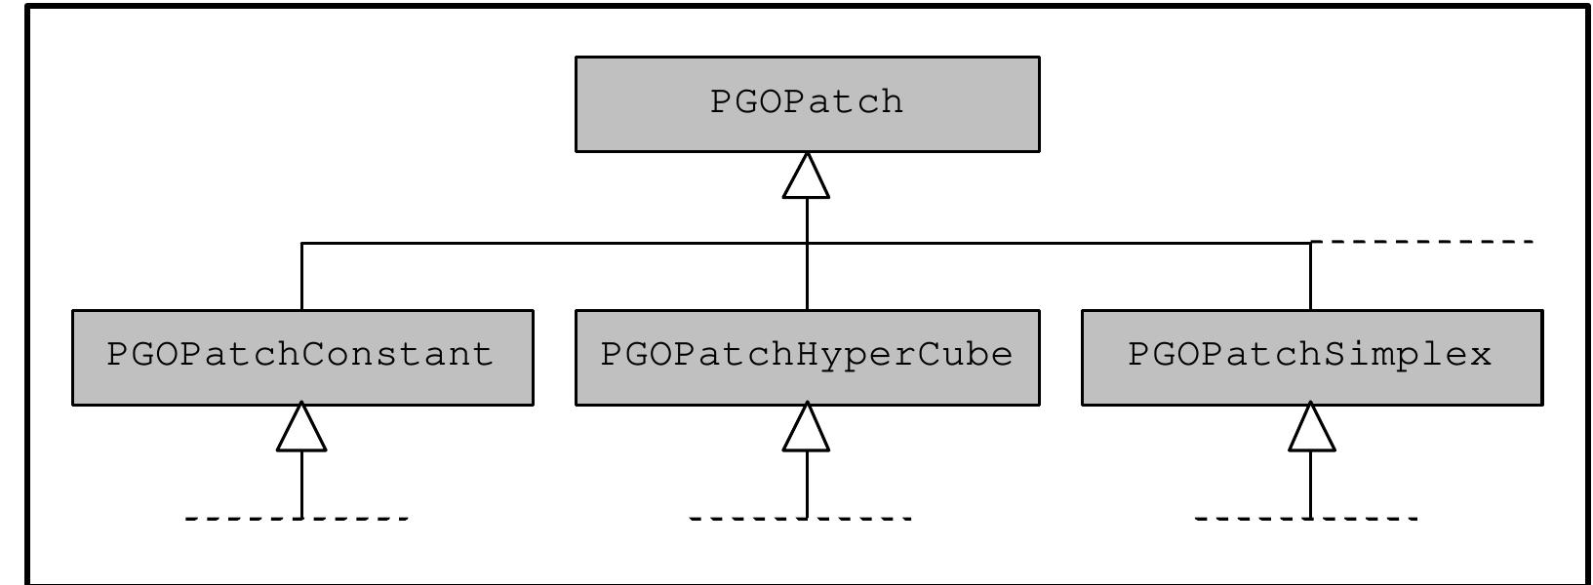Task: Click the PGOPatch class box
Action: click(x=807, y=103)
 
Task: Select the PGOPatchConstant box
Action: click(x=302, y=356)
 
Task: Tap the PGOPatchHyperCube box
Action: click(x=807, y=356)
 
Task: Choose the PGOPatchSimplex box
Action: click(x=1311, y=356)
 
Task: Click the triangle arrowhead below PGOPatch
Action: click(x=807, y=178)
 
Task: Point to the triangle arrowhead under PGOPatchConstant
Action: click(x=301, y=430)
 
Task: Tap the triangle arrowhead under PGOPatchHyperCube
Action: click(x=807, y=430)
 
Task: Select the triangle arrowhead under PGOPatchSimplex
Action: click(x=1311, y=430)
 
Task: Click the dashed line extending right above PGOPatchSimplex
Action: click(x=1424, y=241)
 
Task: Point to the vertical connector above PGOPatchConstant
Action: click(x=302, y=277)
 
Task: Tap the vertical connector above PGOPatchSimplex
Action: click(x=1310, y=277)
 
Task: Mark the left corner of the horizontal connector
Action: click(x=302, y=243)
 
